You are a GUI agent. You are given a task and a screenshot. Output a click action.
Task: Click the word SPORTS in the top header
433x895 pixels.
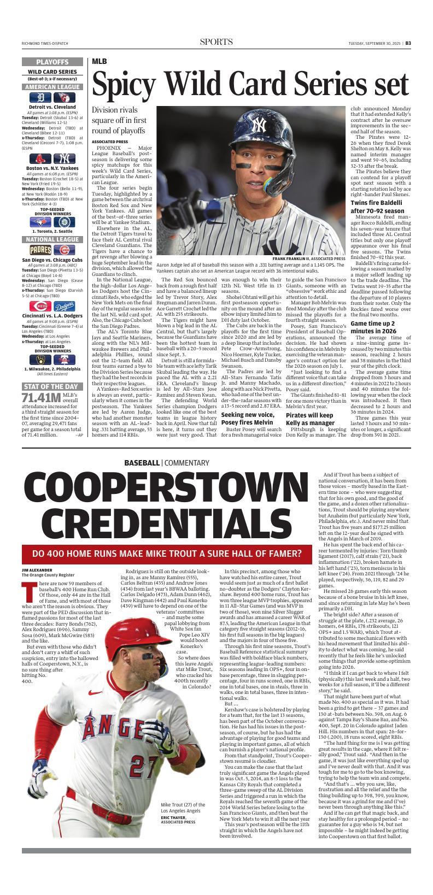(216, 42)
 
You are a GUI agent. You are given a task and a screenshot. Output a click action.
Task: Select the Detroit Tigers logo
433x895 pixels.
(39, 97)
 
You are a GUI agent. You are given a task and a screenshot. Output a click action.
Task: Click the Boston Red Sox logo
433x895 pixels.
(40, 159)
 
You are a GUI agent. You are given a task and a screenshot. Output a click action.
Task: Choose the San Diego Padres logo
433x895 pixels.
(40, 250)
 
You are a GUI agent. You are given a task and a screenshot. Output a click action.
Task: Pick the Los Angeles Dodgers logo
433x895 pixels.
(65, 306)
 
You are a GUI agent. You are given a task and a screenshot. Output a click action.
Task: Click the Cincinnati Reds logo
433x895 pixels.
(40, 306)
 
